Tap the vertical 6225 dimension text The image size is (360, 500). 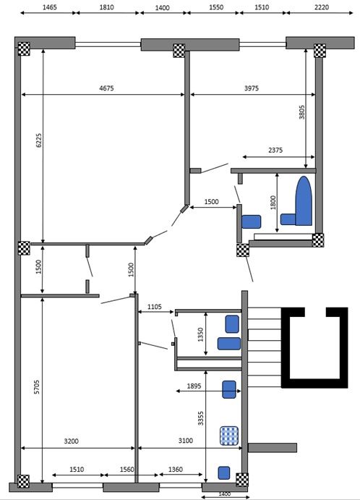(38, 140)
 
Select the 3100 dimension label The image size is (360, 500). (191, 440)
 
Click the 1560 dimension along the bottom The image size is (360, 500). (127, 469)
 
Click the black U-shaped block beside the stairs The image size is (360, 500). (313, 346)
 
